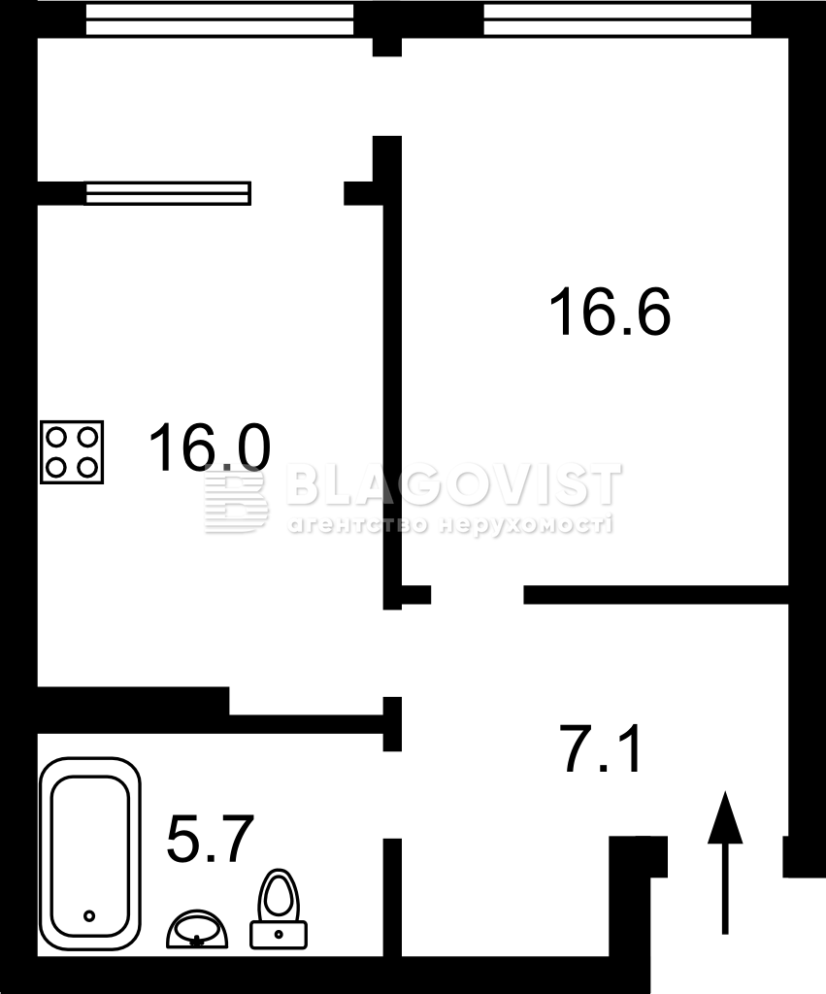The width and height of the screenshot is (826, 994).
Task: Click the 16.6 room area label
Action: [x=610, y=312]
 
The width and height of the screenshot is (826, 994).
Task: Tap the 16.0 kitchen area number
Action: [x=210, y=447]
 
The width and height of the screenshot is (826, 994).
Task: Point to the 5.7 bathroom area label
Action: [x=210, y=838]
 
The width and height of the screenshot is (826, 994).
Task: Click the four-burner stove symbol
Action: [x=72, y=452]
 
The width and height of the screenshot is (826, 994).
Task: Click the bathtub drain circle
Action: [x=89, y=916]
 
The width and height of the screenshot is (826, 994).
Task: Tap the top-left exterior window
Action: [x=219, y=19]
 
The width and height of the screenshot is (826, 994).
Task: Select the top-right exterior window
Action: [x=617, y=19]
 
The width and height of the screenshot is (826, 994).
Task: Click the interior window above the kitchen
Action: [x=167, y=193]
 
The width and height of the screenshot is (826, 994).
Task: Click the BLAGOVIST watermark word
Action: [x=454, y=485]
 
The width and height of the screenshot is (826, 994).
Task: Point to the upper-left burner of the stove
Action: [x=56, y=437]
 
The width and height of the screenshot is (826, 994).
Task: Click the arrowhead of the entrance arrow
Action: [x=725, y=816]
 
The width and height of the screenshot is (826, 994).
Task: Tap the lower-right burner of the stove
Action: [x=86, y=468]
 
